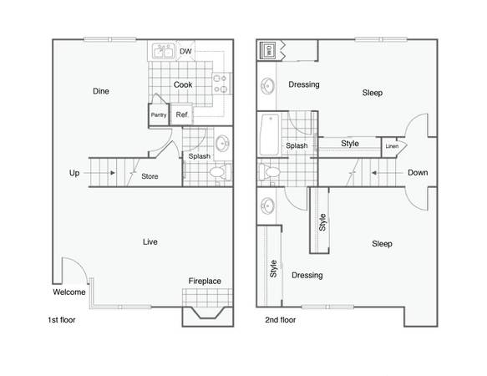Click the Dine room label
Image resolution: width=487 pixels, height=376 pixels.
point(101,91)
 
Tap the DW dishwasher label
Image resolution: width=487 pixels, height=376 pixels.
point(185,51)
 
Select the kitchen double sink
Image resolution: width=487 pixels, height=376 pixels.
point(163,51)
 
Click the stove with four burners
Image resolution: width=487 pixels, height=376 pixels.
point(221,84)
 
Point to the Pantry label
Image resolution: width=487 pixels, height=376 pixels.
point(159,115)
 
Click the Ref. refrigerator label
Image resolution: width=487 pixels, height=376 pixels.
point(182,114)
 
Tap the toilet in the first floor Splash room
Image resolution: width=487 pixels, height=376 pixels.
point(220,173)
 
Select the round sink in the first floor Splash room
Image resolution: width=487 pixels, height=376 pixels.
point(222,143)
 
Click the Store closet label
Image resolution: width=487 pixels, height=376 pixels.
point(150,176)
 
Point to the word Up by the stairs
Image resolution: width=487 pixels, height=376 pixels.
point(74,173)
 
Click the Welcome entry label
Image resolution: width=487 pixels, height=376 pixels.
point(69,292)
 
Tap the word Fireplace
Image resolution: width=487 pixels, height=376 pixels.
point(205,281)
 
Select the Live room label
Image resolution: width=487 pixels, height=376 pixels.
point(150,241)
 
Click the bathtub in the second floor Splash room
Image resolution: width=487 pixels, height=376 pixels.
point(269,135)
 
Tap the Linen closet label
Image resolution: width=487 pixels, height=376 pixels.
point(392,146)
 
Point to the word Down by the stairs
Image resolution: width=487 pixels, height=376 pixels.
point(418,172)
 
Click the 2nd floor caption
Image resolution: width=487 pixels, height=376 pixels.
point(280,320)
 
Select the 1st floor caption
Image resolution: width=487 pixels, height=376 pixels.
point(62,320)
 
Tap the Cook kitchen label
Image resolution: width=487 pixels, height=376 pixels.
point(183,84)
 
